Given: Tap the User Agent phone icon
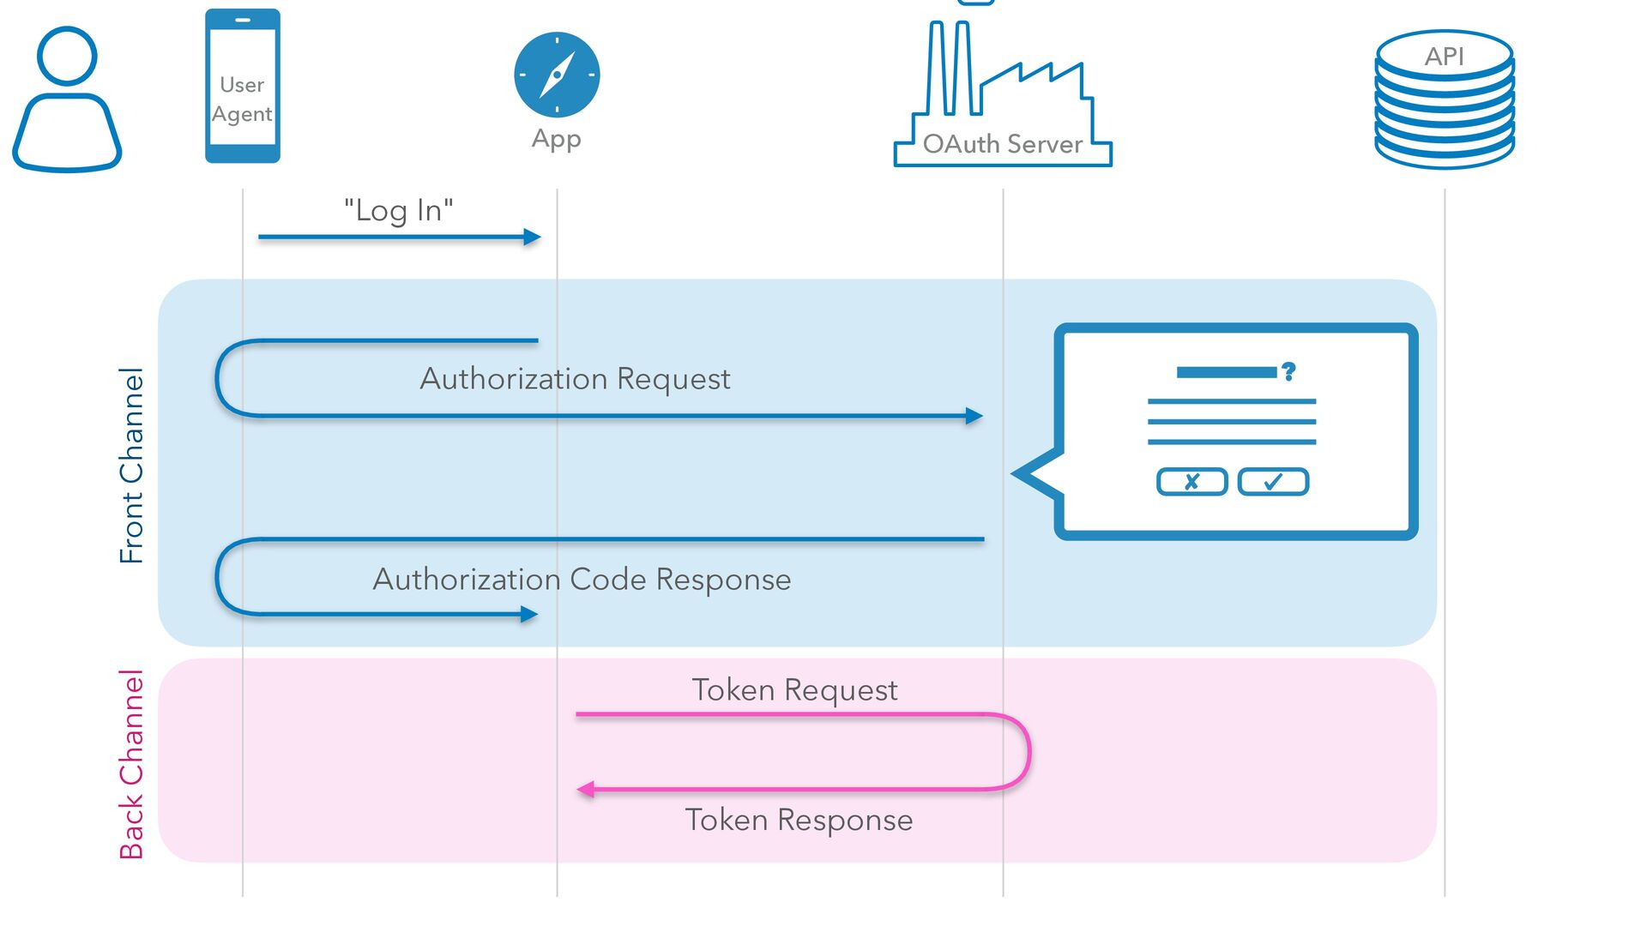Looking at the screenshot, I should [x=243, y=86].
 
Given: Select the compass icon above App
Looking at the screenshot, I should [x=557, y=75].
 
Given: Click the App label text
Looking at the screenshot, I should [x=557, y=139].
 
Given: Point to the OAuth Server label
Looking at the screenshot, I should [x=1003, y=144].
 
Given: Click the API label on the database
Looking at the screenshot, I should [x=1445, y=57].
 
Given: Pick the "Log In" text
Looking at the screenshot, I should [x=399, y=210].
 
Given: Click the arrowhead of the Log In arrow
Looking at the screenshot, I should [x=533, y=238].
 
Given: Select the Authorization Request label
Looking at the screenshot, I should [x=575, y=379].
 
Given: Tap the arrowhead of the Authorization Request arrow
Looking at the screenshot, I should [x=974, y=416].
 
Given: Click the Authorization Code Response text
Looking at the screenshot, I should [x=582, y=580].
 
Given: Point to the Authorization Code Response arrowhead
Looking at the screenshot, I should [x=529, y=614].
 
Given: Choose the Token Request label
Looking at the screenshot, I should [x=794, y=690].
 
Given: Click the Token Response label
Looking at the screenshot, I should [x=799, y=821].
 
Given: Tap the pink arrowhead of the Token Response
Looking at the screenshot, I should [x=586, y=790].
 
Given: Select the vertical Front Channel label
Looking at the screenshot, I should [x=131, y=465].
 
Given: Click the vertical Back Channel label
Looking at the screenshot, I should [x=131, y=764].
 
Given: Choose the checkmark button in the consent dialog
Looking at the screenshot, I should [x=1273, y=482].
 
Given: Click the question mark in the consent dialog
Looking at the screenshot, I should [x=1288, y=371].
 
